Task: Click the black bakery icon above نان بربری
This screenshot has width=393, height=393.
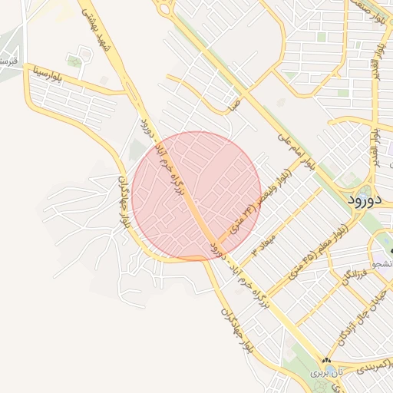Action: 327,360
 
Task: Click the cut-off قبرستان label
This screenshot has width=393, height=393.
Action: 8,61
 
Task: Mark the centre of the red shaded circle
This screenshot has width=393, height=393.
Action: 196,196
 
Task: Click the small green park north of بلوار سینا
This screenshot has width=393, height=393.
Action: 74,61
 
